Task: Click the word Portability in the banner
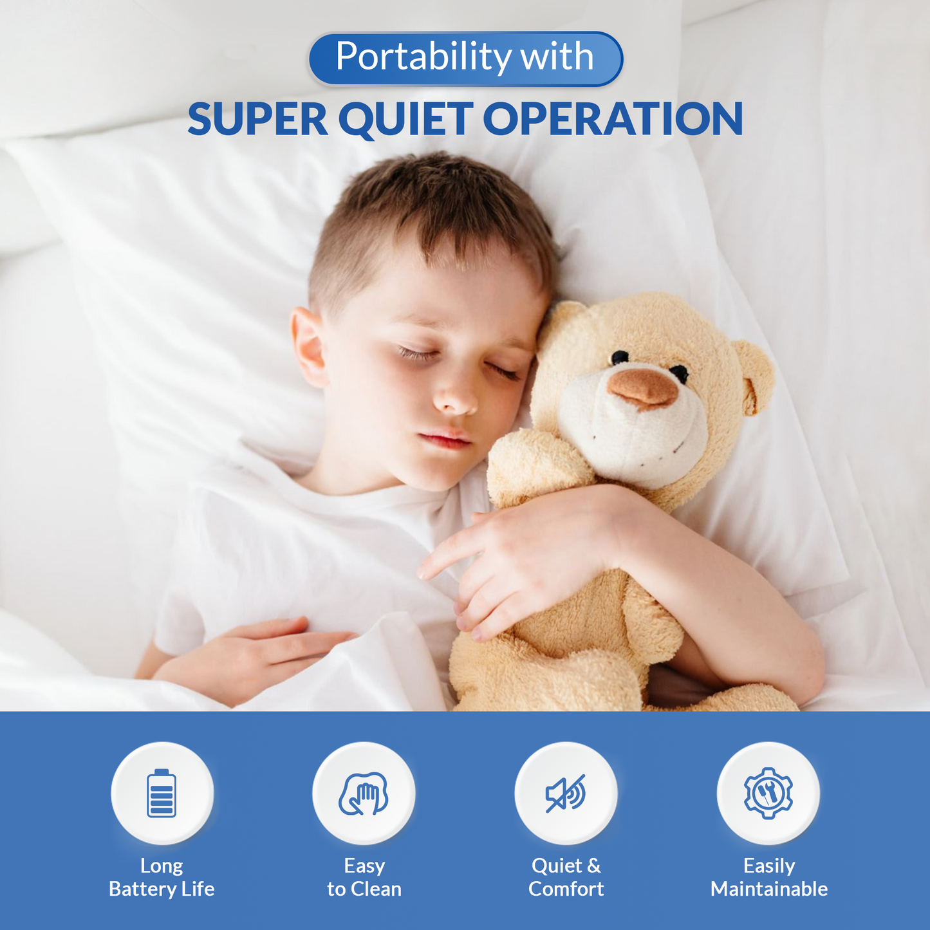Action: click(423, 57)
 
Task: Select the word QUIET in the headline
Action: click(405, 120)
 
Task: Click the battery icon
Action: click(162, 793)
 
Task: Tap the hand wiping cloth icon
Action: click(364, 794)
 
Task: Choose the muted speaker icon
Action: click(566, 794)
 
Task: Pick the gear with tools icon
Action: click(768, 793)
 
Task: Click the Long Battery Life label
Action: click(162, 877)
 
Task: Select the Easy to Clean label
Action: click(364, 877)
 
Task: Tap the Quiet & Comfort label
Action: click(566, 877)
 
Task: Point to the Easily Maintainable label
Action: click(769, 877)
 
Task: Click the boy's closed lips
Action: click(445, 439)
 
